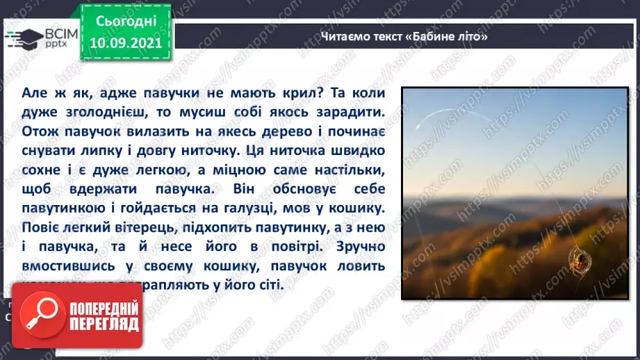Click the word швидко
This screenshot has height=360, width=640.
click(x=356, y=150)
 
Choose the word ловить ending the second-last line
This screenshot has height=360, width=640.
click(x=359, y=266)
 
